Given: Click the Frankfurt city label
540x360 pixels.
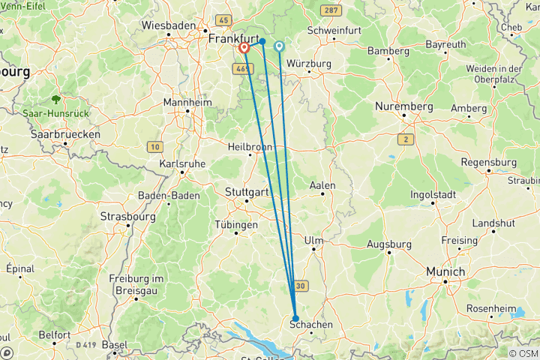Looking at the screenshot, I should pos(233,37).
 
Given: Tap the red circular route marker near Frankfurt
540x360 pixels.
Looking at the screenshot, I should pos(244,48).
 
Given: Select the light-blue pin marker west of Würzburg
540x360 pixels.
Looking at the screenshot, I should pos(280,46).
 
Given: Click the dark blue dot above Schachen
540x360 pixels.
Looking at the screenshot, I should pos(295,317).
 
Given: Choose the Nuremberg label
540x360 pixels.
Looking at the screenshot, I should pos(405,106).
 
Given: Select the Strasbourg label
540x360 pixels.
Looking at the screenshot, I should pos(127,217).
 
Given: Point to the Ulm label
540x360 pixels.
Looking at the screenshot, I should pos(313,240).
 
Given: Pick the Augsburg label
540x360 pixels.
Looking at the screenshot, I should pos(389,244).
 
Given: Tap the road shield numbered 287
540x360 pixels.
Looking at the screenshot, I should pos(328,10).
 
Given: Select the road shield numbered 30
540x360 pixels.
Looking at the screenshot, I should pos(301,285).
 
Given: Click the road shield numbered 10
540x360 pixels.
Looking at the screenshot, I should pos(154,146).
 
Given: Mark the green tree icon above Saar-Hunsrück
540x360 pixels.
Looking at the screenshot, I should pos(55,99).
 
